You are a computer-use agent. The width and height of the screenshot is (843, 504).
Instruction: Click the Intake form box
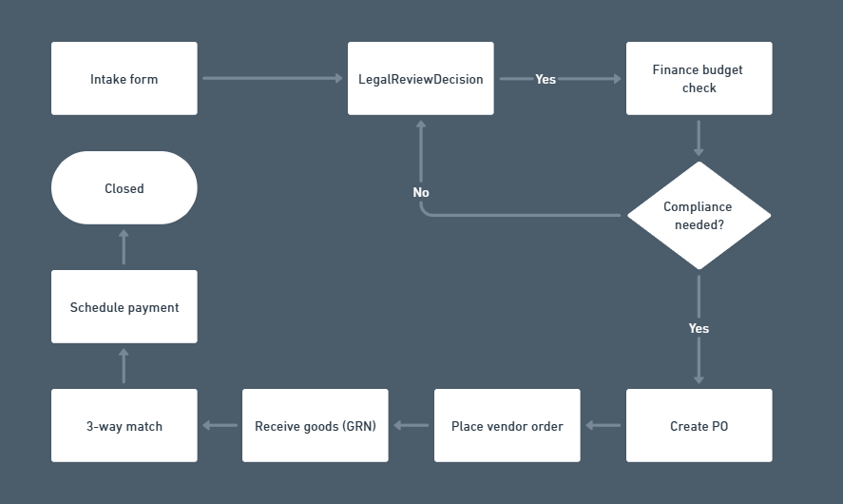click(x=125, y=79)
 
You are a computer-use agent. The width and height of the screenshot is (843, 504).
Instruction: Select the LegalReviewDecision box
click(x=420, y=79)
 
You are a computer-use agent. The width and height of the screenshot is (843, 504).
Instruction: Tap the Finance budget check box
click(x=699, y=79)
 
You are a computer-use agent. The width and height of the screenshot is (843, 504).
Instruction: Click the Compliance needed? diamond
click(x=699, y=216)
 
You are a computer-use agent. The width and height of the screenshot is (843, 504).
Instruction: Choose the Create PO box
click(x=699, y=426)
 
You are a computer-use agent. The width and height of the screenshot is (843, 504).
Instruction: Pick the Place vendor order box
click(x=507, y=426)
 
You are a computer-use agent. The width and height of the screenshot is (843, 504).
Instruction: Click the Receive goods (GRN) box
click(x=315, y=426)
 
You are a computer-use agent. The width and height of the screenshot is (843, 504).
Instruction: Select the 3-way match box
click(x=125, y=426)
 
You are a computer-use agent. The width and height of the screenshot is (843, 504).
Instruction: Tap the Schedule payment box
click(x=125, y=307)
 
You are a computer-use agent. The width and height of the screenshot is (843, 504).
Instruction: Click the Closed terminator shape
click(x=125, y=188)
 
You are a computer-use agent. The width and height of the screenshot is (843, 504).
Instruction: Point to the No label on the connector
click(x=421, y=192)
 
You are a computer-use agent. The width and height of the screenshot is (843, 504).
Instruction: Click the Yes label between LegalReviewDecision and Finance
click(x=546, y=79)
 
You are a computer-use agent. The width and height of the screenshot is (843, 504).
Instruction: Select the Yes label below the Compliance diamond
click(x=699, y=328)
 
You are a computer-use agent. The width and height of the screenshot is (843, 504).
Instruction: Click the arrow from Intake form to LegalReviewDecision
click(x=272, y=79)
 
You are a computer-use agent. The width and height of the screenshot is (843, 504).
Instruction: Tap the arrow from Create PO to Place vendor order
click(x=604, y=426)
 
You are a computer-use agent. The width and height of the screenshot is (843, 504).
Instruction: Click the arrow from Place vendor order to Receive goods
click(x=412, y=426)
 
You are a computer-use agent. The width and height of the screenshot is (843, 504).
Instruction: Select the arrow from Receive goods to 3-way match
click(x=220, y=426)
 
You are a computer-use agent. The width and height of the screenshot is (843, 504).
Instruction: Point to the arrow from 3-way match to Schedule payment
click(x=125, y=366)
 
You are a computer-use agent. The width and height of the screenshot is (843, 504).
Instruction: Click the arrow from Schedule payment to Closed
click(x=125, y=247)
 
